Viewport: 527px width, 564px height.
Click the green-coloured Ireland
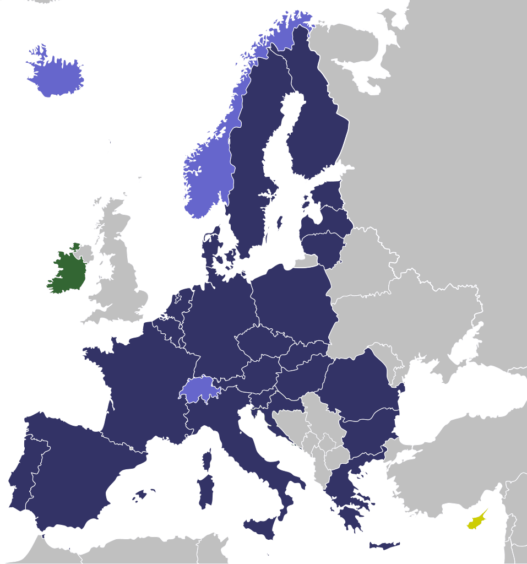pos(67,273)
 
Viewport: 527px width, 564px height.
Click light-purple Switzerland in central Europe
pos(199,389)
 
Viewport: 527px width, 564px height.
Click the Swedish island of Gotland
pos(279,223)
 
